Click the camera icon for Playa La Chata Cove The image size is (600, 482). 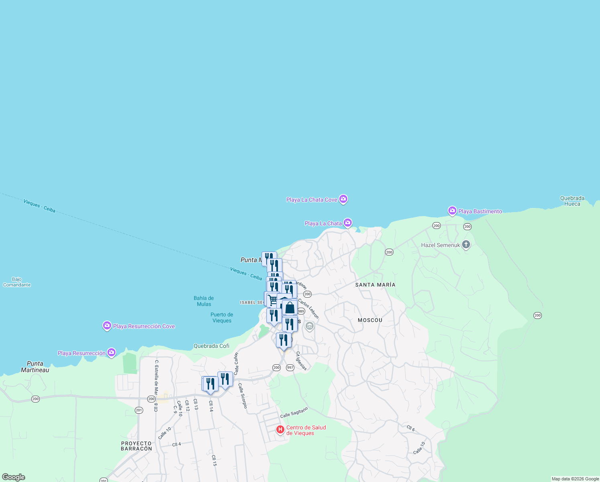pyautogui.click(x=343, y=199)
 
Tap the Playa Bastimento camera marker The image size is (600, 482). pyautogui.click(x=452, y=211)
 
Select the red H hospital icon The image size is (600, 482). pyautogui.click(x=280, y=430)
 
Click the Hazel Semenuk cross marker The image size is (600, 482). pyautogui.click(x=466, y=245)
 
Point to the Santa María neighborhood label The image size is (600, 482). pyautogui.click(x=375, y=285)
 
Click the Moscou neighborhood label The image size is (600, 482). pyautogui.click(x=370, y=320)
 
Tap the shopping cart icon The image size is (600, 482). pyautogui.click(x=273, y=300)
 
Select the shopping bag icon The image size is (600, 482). pyautogui.click(x=290, y=308)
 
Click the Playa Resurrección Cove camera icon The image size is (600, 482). pyautogui.click(x=107, y=326)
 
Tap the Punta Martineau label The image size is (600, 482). pyautogui.click(x=35, y=367)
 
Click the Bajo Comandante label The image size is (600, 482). pyautogui.click(x=17, y=282)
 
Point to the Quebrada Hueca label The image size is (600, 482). pyautogui.click(x=572, y=201)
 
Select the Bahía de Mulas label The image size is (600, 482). pyautogui.click(x=204, y=301)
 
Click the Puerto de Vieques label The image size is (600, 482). pyautogui.click(x=222, y=317)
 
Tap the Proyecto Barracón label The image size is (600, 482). pyautogui.click(x=136, y=446)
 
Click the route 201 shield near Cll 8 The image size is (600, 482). pyautogui.click(x=139, y=410)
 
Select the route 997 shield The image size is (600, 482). pyautogui.click(x=290, y=368)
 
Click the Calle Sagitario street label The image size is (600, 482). pyautogui.click(x=294, y=412)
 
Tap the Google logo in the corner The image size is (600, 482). pyautogui.click(x=14, y=477)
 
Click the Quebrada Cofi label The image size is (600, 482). pyautogui.click(x=211, y=346)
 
